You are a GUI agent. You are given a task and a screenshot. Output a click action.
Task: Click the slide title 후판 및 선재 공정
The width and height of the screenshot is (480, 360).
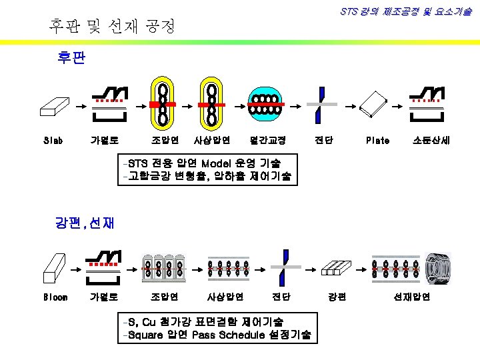[x=112, y=27]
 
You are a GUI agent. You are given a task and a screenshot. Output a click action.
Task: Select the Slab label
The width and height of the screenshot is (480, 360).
[x=53, y=141]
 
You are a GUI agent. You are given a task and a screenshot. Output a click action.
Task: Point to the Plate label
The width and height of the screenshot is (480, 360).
[x=378, y=141]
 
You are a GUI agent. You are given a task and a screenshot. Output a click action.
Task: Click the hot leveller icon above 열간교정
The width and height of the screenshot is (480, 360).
[x=267, y=105]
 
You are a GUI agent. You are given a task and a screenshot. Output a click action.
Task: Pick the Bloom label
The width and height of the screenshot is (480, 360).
[x=55, y=297]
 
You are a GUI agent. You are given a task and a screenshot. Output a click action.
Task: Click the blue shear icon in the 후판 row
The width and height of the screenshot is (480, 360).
[x=321, y=105]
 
